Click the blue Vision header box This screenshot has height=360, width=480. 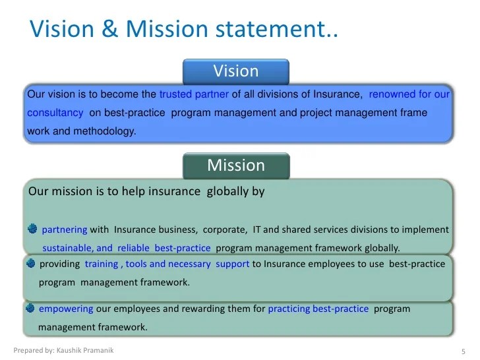coord(235,71)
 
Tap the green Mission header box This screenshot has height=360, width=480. coord(235,165)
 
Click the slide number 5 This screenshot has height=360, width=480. coord(464,350)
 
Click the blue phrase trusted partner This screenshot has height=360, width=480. coord(194,94)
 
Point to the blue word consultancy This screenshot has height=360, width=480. coord(55,113)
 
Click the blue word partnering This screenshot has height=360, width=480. coord(64,230)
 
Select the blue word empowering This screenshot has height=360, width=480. coord(67,309)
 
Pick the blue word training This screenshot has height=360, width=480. coord(101,264)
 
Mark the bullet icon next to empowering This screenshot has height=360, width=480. coord(30,308)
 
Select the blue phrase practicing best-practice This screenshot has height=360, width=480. coord(318,309)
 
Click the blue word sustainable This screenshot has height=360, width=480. coord(68,249)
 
